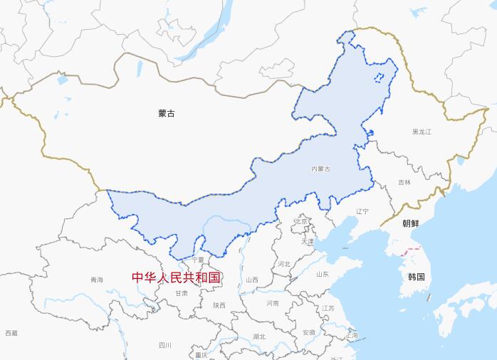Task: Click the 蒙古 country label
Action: pos(167,113)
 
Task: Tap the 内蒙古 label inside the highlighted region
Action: pos(321,169)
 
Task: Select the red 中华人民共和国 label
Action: pos(177,277)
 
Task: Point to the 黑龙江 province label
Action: pos(422,132)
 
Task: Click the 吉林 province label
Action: pos(404,182)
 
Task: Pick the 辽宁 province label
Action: pos(362,211)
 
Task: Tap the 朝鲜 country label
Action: pos(411,223)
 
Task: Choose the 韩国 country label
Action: pos(416,276)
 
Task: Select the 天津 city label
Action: pos(307,242)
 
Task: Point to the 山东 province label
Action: pos(322,274)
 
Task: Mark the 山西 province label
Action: pos(252,280)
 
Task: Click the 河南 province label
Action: pos(273,303)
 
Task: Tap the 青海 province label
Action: pos(97,280)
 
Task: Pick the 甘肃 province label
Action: pos(182,292)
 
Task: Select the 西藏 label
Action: pos(11,333)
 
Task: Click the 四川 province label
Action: pos(165,345)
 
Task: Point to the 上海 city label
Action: pos(352,334)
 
